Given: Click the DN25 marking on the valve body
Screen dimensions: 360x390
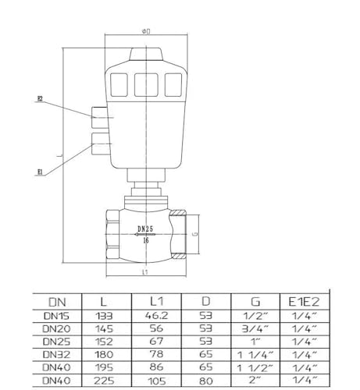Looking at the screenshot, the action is (x=145, y=229).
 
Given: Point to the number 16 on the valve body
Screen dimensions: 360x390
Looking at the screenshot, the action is (x=146, y=240).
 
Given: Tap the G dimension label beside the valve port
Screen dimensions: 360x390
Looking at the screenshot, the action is (x=195, y=234).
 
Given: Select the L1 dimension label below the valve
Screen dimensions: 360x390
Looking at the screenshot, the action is (x=145, y=272).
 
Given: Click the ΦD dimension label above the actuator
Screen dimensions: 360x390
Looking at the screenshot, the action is (x=146, y=31).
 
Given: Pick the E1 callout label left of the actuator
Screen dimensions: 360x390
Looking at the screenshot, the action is (x=40, y=172).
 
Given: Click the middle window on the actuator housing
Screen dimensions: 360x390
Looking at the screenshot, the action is (x=146, y=85).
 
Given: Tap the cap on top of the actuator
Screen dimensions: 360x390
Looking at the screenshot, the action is (x=146, y=55).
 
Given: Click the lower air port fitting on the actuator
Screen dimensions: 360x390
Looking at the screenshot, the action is (x=100, y=144).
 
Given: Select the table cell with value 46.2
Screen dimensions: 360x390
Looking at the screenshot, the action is (x=156, y=316).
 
